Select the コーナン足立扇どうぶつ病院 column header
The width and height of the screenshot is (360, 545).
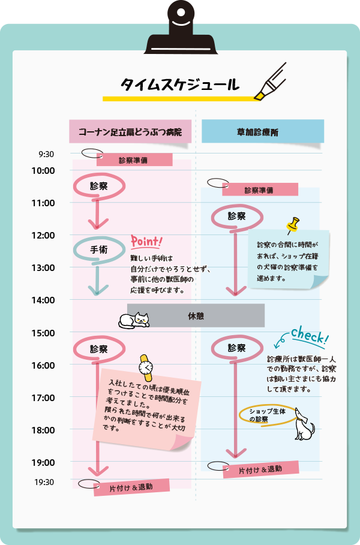tap(130, 131)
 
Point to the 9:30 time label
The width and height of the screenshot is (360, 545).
tap(46, 154)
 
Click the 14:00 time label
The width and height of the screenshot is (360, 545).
tap(43, 300)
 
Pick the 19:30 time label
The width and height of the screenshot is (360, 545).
tap(44, 482)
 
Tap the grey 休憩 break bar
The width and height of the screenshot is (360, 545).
tap(196, 315)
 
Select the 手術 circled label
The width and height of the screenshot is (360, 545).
tap(99, 249)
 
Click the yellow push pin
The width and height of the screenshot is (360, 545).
tap(293, 225)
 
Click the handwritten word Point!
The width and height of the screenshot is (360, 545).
tap(146, 242)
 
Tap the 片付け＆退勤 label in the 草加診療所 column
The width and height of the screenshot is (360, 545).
tap(260, 469)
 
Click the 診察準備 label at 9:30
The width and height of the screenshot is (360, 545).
tap(134, 160)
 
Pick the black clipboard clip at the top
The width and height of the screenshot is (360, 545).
tap(180, 30)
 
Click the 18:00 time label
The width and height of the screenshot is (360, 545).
tap(43, 430)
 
